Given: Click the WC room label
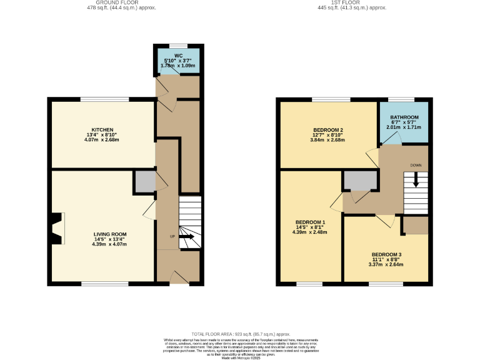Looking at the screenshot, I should [178, 56].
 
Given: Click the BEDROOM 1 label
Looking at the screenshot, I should [310, 222].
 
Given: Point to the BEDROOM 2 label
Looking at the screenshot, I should [327, 130].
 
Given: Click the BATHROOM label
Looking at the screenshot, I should [404, 117].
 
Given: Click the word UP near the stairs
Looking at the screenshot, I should [172, 236].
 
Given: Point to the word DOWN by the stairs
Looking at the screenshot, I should [416, 165].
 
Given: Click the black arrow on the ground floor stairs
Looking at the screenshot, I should [186, 237].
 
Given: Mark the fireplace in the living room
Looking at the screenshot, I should [57, 228].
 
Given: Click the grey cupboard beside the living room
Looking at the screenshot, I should [144, 181].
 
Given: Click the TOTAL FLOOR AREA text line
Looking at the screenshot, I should [241, 334].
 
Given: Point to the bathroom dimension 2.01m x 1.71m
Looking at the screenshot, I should [404, 127].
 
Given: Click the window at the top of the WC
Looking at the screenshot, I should [178, 46].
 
